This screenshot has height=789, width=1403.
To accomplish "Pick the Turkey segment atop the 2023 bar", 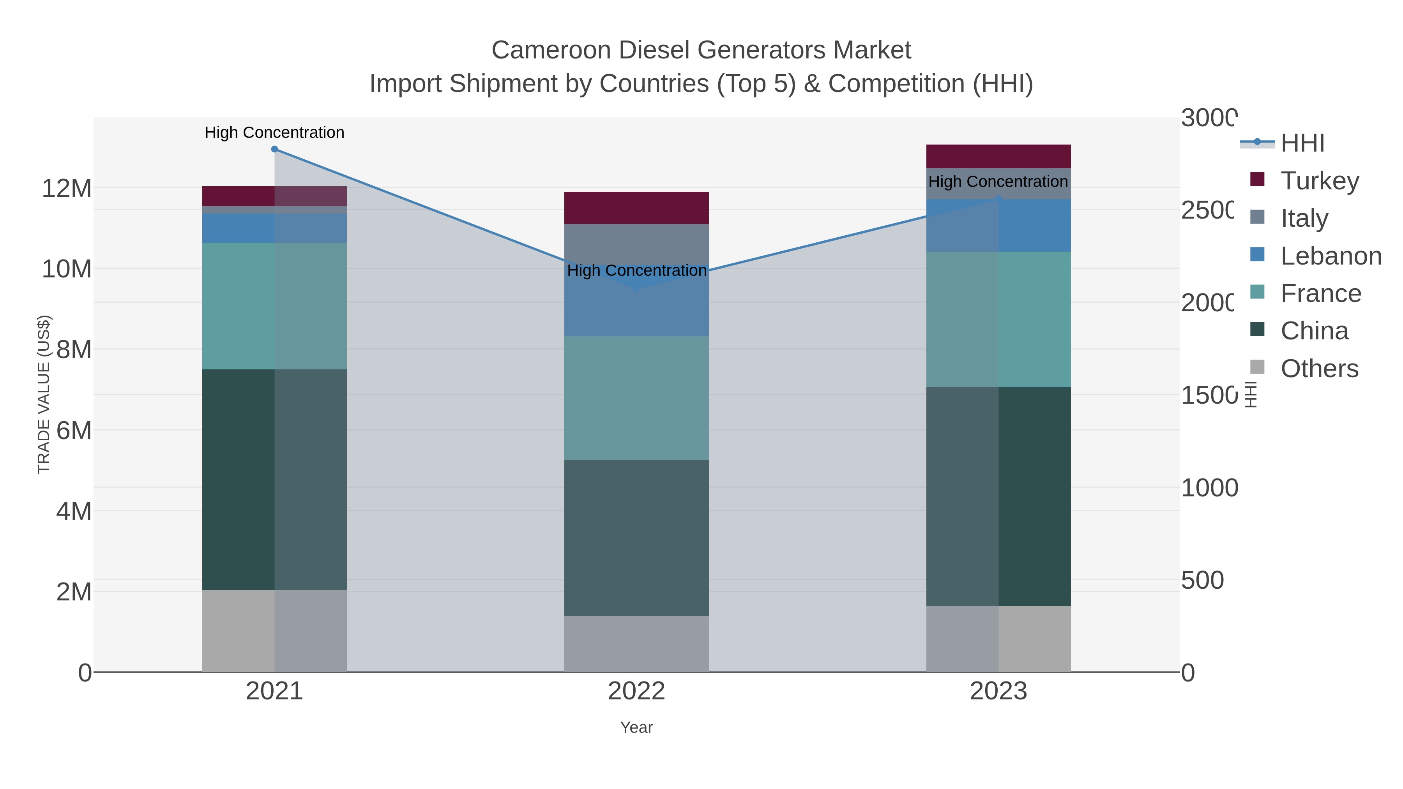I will click(x=998, y=156).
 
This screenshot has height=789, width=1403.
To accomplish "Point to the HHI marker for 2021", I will click(x=274, y=149).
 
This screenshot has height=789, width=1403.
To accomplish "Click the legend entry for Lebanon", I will click(x=1331, y=256).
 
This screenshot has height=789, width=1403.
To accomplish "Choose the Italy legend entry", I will click(x=1304, y=218).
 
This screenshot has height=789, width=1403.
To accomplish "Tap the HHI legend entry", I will click(x=1302, y=143).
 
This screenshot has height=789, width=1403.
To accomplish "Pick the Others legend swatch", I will click(x=1257, y=367).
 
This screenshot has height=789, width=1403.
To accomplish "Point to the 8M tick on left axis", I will click(x=74, y=349).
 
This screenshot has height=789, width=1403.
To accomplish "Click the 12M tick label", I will click(x=66, y=189).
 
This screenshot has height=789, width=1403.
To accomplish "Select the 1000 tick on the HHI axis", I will click(x=1209, y=488).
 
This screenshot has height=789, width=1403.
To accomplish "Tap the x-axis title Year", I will click(x=636, y=727).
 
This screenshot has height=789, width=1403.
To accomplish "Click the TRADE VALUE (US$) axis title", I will click(x=44, y=394).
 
